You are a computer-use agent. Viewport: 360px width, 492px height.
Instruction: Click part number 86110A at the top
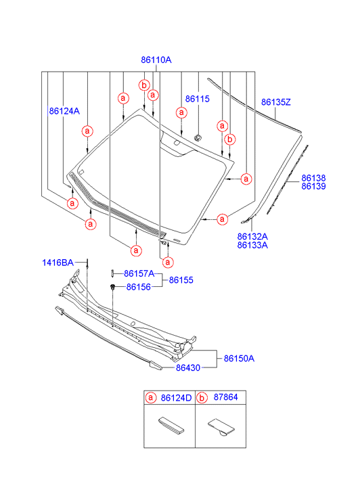coord(156,60)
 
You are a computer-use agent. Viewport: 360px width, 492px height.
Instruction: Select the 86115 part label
coord(197,99)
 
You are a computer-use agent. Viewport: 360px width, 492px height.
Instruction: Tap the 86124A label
coord(64,111)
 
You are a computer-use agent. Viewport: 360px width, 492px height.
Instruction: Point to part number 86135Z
coord(276,102)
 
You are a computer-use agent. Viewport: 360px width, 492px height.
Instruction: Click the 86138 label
coord(313,178)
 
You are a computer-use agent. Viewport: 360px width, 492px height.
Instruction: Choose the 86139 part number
coord(313,186)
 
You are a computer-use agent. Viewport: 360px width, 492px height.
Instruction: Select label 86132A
coord(252,237)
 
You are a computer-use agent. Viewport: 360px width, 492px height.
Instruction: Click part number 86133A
coord(252,245)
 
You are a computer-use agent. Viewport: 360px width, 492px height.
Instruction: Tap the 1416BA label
coord(58,263)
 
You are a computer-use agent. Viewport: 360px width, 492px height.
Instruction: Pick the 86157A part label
coord(139,274)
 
